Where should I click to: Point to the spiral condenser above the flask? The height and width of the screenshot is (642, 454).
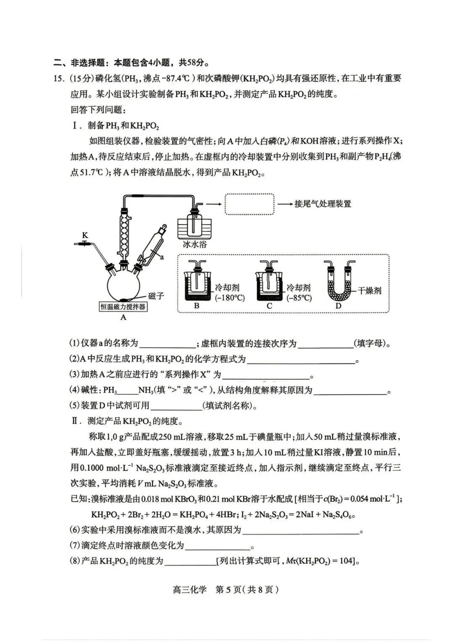coord(124,231)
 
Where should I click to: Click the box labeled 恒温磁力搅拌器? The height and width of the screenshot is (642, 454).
coord(123,307)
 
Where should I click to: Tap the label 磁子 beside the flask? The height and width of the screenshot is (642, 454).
coord(156,296)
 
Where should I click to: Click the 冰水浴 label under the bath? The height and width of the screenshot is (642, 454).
coord(195,244)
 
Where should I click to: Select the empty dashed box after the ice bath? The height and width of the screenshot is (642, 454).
coord(250,204)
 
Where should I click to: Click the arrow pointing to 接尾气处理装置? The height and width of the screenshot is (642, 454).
coord(285,204)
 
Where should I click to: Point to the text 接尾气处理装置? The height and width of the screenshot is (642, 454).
coord(322,204)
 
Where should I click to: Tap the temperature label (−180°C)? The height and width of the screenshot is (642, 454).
coord(230,298)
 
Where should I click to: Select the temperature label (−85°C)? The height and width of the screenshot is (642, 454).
coord(299,298)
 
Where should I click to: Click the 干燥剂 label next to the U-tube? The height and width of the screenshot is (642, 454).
coord(370,290)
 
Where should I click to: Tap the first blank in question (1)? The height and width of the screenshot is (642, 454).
coord(167,343)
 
